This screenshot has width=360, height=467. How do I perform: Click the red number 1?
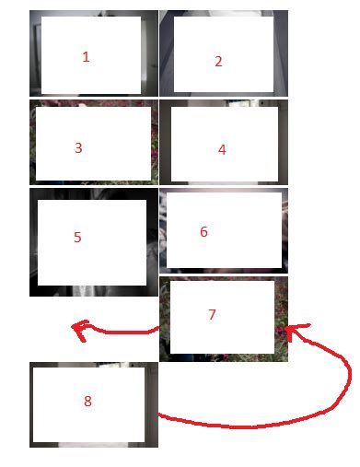[x=86, y=56]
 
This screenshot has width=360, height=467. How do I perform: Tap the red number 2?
[x=218, y=62]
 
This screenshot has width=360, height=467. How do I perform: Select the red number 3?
[x=78, y=147]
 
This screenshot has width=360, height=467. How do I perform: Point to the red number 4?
[x=222, y=149]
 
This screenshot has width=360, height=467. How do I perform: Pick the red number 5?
[x=77, y=237]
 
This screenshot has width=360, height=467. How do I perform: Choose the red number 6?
[x=203, y=232]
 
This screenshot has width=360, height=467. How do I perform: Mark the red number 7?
[x=212, y=314]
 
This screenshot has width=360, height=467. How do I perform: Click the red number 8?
[x=87, y=401]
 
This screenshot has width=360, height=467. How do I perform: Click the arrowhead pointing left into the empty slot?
[x=78, y=328]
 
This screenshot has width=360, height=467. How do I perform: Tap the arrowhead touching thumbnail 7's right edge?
[x=295, y=331]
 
